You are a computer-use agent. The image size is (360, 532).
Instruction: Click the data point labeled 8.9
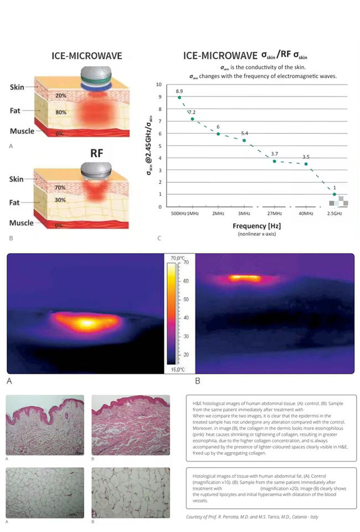179,98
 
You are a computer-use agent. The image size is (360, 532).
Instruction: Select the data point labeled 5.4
244,141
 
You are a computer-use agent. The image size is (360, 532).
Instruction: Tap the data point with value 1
334,195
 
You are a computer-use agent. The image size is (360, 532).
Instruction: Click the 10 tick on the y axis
159,85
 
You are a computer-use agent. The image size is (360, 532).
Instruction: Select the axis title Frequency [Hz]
251,227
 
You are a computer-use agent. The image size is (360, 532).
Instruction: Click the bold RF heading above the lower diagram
97,153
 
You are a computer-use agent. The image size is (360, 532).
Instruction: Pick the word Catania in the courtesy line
300,516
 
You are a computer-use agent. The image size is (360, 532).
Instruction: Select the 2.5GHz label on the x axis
335,213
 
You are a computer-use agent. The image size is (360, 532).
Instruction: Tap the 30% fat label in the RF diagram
60,200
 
